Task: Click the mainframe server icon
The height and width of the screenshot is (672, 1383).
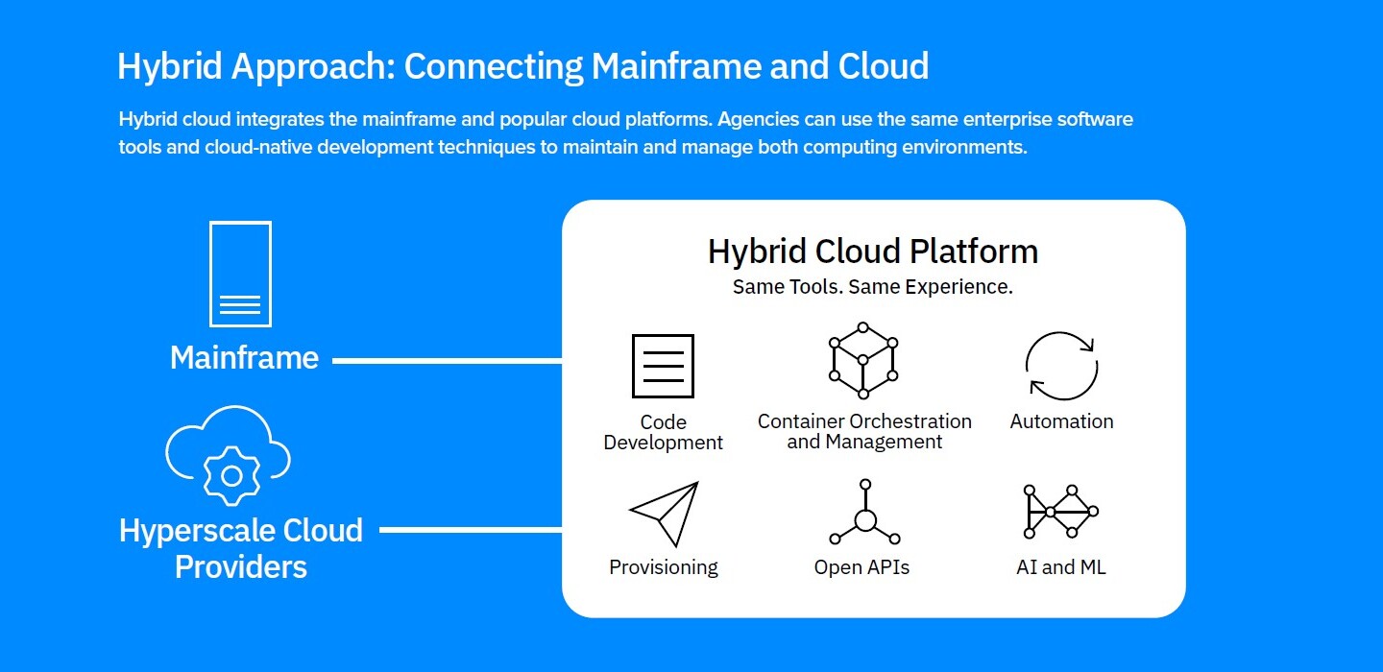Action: click(240, 275)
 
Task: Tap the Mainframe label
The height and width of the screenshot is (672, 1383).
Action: click(244, 358)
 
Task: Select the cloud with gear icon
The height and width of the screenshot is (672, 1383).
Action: click(229, 455)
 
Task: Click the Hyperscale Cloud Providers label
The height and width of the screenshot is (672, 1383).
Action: click(240, 548)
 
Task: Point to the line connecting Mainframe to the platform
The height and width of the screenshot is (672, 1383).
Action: click(447, 361)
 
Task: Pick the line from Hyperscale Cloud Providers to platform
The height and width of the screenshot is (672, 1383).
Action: click(471, 529)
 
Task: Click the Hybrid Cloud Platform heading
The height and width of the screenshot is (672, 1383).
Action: click(873, 252)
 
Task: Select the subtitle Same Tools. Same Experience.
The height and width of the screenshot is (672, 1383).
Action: click(873, 287)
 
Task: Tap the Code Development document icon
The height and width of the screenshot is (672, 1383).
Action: click(663, 366)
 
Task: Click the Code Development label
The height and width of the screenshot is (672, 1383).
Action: click(663, 432)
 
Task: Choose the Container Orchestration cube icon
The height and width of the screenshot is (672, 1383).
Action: click(863, 360)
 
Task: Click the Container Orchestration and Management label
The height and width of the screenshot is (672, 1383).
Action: click(864, 432)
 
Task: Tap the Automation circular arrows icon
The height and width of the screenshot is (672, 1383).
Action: click(1061, 366)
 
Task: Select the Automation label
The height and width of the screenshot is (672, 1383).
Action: click(1061, 421)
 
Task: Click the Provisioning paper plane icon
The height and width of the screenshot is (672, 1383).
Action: click(664, 514)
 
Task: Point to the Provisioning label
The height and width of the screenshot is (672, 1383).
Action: click(664, 567)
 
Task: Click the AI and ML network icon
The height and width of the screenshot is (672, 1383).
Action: click(1060, 512)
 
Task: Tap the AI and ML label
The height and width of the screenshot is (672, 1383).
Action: click(1060, 567)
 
